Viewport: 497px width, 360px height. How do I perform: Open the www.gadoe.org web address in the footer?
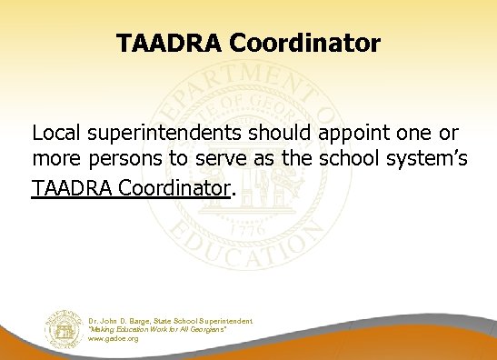click(x=113, y=338)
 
